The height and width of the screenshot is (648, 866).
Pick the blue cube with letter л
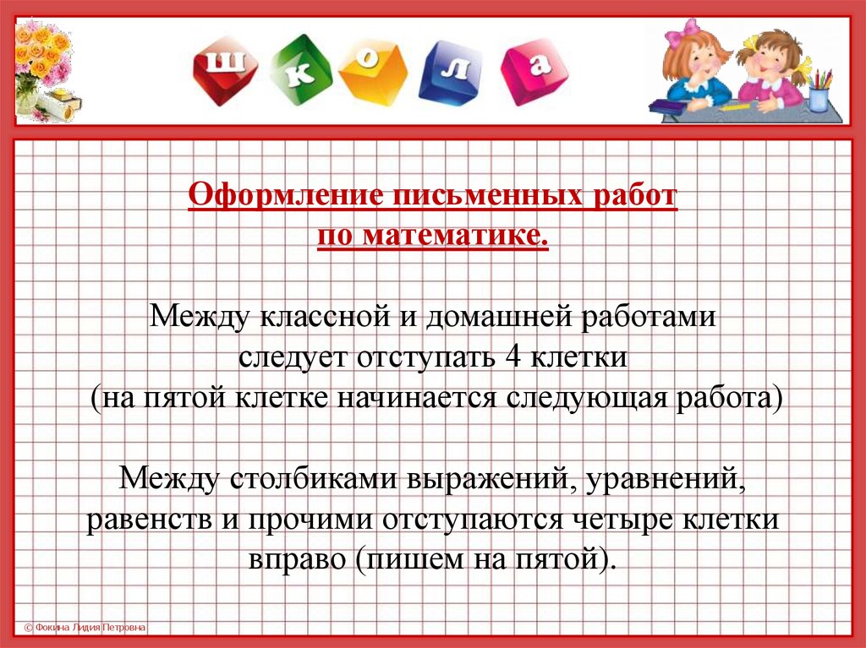451,73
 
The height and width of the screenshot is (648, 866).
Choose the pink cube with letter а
534,72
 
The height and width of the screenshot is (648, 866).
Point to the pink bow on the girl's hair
683,32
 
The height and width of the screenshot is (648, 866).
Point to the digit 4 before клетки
513,357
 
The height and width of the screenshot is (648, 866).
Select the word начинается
417,398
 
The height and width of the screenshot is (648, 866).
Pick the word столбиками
314,478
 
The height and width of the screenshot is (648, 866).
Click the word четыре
622,520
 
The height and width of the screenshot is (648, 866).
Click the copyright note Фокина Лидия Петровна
85,628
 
